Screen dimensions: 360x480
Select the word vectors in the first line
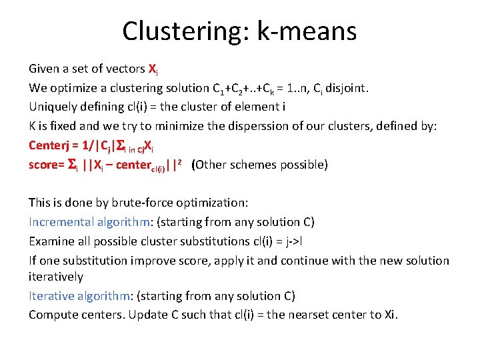[x=125, y=69]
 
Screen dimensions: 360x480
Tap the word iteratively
[x=56, y=276]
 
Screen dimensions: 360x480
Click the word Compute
[x=53, y=314]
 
